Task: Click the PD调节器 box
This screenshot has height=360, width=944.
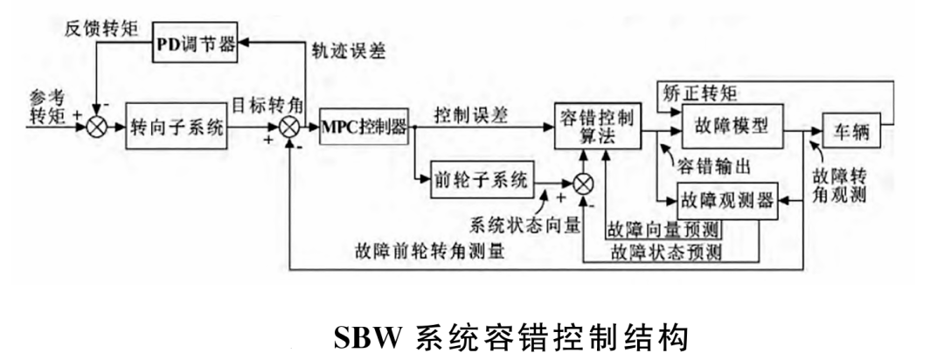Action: pyautogui.click(x=196, y=44)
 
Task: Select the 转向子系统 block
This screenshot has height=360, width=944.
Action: pyautogui.click(x=177, y=126)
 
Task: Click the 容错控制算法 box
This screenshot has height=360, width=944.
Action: pyautogui.click(x=599, y=127)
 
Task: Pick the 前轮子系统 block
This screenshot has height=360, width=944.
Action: pyautogui.click(x=482, y=181)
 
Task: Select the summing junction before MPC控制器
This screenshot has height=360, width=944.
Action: pyautogui.click(x=288, y=126)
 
